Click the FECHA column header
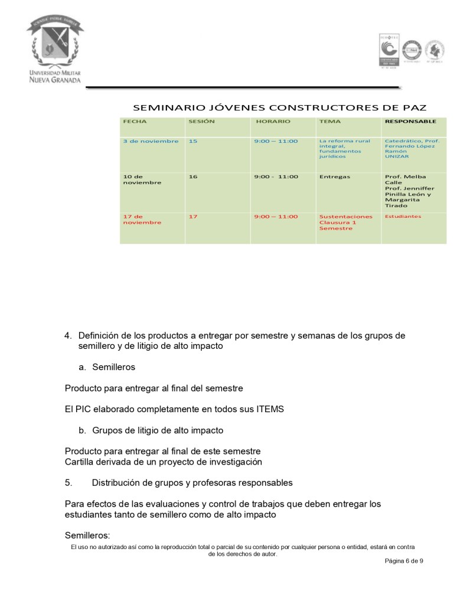[135, 121]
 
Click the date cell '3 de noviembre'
[151, 141]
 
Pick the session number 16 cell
[193, 177]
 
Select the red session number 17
[193, 217]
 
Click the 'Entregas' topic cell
[335, 177]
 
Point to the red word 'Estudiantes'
[403, 217]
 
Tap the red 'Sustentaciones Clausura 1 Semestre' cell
[345, 223]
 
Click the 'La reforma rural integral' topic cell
[344, 148]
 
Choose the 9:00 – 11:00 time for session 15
[276, 141]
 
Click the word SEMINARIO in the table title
[169, 107]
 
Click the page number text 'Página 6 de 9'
[404, 560]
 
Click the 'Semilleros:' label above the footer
[87, 536]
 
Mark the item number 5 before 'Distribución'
[68, 482]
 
